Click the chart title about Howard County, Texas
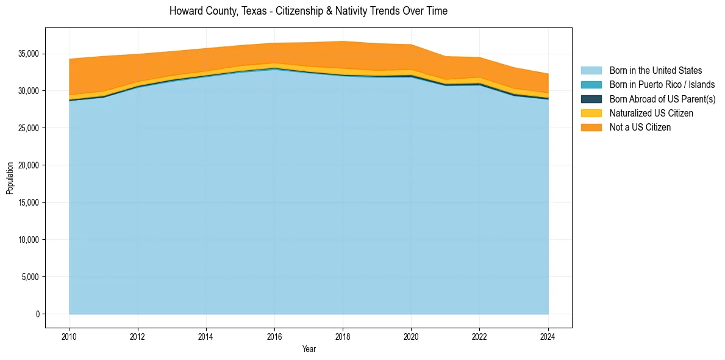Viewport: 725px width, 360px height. click(308, 11)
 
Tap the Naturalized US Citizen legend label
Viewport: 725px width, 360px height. click(651, 113)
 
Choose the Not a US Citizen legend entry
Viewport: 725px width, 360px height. click(640, 128)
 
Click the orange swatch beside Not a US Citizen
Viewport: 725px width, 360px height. click(591, 128)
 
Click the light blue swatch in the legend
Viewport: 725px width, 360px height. click(591, 71)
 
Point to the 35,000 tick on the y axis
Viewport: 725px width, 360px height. click(29, 54)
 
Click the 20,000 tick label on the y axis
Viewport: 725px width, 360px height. click(29, 165)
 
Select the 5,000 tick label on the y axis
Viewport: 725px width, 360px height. click(30, 277)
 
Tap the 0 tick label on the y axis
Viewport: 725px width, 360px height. click(37, 314)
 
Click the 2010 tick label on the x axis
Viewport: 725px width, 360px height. click(70, 336)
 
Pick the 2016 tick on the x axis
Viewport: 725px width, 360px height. click(274, 336)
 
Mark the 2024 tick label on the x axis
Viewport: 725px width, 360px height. click(548, 336)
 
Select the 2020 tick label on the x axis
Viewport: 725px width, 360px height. click(411, 336)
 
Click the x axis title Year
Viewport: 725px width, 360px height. click(309, 349)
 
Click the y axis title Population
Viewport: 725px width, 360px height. click(10, 178)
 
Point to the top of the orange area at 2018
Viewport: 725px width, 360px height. click(343, 41)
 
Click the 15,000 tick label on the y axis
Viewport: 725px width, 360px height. click(29, 203)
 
